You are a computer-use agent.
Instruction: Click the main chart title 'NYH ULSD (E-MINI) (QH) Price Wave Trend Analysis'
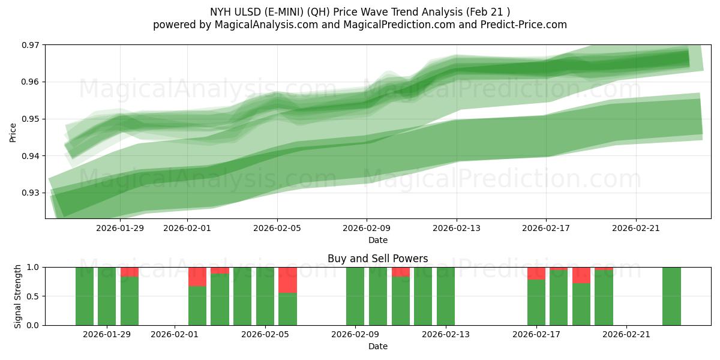360,11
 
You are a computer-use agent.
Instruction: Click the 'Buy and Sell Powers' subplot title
377,259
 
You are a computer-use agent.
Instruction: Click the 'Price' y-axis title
13,131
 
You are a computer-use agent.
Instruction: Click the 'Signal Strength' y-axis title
18,296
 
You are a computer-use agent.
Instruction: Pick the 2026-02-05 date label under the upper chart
277,228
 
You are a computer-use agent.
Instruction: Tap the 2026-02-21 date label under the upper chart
636,228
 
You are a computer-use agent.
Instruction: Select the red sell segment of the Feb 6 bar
287,280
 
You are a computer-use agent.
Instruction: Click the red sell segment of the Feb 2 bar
197,277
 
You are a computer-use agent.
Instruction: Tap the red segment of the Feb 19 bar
581,275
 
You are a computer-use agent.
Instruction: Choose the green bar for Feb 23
671,296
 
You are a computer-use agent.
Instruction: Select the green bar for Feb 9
355,296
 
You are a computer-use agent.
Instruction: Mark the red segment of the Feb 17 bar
536,274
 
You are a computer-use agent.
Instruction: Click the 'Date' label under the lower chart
377,346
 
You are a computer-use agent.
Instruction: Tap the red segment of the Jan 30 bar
130,272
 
